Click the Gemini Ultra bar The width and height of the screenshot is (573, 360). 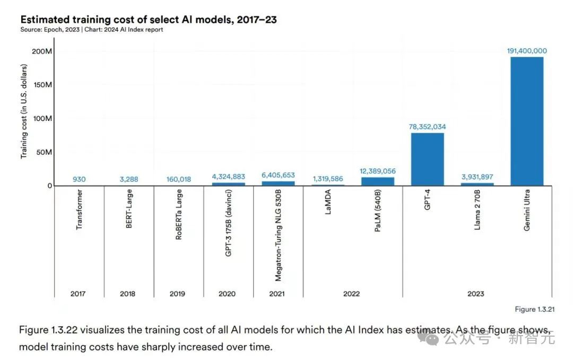527,121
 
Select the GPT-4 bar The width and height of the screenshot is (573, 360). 427,159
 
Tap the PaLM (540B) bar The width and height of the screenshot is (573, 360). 378,181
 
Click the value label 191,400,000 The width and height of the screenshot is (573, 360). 527,51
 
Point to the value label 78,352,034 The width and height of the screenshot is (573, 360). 427,127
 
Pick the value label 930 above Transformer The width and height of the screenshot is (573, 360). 79,179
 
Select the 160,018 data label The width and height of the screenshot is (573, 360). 178,179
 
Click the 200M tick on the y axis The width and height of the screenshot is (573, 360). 42,51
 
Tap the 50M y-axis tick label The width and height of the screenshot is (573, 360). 44,152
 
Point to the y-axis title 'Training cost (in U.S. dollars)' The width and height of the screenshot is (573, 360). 24,116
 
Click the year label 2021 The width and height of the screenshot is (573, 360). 277,294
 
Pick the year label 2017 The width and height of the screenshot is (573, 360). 78,294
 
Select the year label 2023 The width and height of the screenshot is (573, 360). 476,294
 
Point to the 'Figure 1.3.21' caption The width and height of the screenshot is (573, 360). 532,309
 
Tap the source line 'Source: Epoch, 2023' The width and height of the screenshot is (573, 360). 50,30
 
